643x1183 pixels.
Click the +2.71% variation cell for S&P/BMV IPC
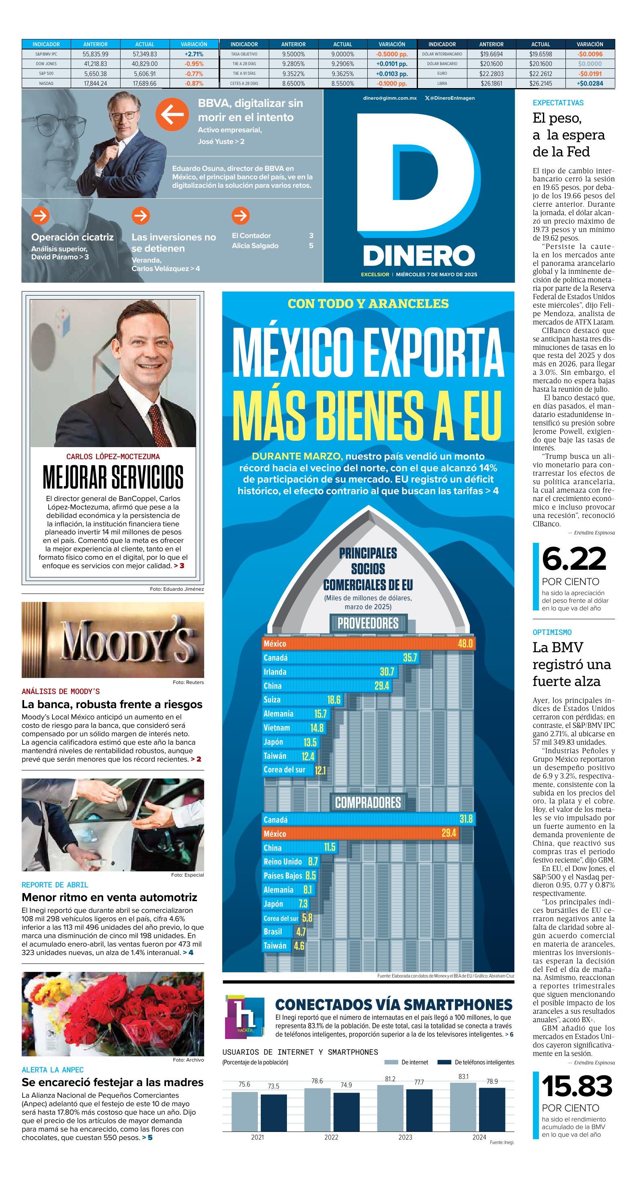pos(194,54)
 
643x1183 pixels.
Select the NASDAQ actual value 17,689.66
pos(145,84)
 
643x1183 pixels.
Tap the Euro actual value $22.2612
pos(541,74)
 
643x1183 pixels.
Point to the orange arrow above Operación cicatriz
pos(40,215)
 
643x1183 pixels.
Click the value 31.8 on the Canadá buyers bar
pos(466,819)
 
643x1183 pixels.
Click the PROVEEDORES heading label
pos(368,623)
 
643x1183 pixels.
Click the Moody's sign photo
pos(113,639)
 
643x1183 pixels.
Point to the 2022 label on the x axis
pos(331,1137)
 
